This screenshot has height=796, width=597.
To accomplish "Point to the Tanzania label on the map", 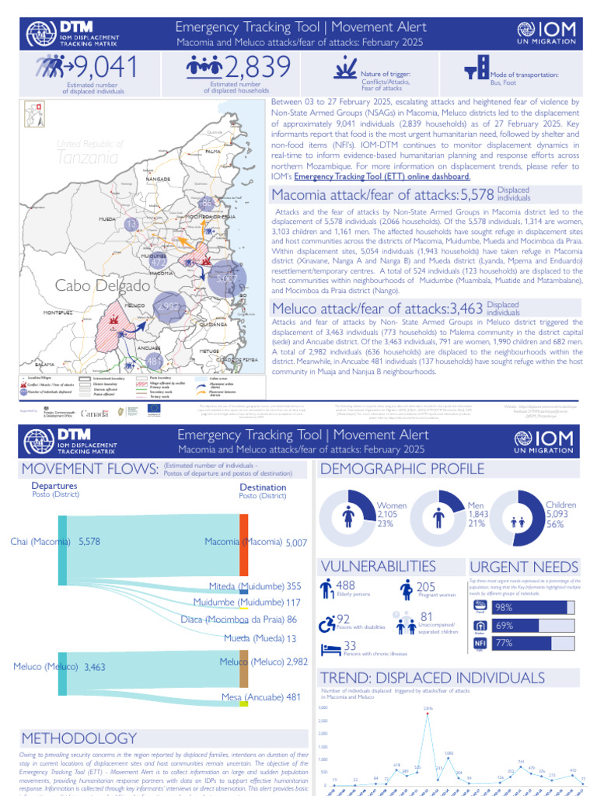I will (88, 157).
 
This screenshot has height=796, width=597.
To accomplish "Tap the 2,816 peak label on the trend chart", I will (428, 708).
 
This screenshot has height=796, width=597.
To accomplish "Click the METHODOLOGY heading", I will (79, 738).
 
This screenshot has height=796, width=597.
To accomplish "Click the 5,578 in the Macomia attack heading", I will (477, 195).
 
